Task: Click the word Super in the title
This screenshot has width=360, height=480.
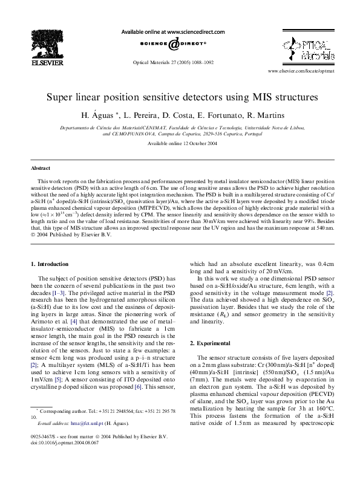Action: pos(59,97)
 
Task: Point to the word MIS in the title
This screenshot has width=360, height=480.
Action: pos(264,97)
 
